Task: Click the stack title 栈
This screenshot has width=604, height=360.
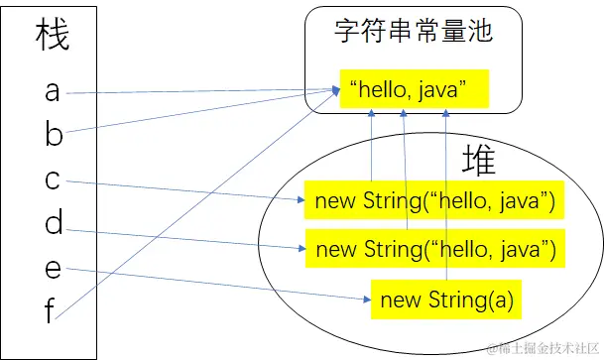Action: [x=54, y=37]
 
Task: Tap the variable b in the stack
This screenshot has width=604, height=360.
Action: [x=54, y=136]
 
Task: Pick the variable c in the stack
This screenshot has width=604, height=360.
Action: [x=53, y=180]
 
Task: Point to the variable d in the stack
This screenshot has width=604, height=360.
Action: [x=54, y=225]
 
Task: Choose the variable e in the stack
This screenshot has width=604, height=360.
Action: [x=53, y=270]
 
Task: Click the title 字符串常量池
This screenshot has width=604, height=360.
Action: [x=414, y=34]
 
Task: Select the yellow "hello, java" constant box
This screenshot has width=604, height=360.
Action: [x=414, y=89]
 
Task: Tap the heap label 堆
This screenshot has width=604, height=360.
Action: [x=478, y=162]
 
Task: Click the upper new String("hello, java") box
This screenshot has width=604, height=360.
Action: [x=434, y=201]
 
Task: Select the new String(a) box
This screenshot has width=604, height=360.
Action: [x=446, y=299]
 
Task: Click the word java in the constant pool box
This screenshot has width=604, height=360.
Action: [x=443, y=90]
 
